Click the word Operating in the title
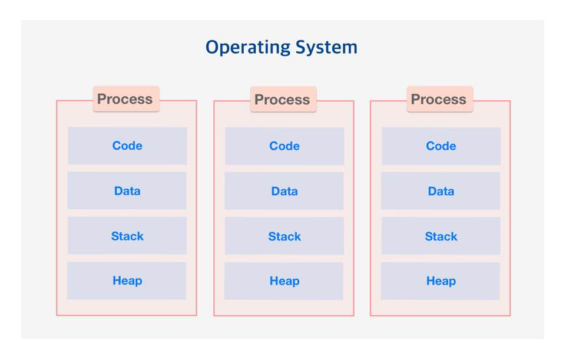point(248,48)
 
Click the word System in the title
point(326,48)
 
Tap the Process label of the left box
point(126,99)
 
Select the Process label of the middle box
point(283,100)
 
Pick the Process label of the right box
point(439,100)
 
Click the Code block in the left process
point(127,146)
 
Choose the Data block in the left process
point(127,191)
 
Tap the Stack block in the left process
point(127,236)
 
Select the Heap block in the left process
point(127,280)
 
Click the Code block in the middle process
point(284,146)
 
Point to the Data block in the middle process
point(284,191)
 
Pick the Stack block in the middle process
point(284,236)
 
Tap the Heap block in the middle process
point(284,281)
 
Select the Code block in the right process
point(441,146)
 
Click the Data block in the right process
point(441,191)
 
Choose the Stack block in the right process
point(441,236)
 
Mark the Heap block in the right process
point(441,281)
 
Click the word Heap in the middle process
point(284,281)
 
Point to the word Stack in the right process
point(441,236)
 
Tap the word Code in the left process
point(127,146)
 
